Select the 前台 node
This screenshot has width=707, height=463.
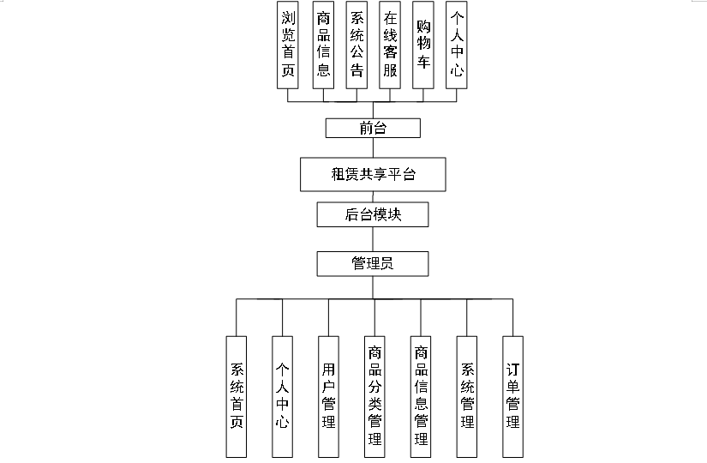click(x=373, y=129)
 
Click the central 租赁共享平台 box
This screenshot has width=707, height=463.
click(x=373, y=174)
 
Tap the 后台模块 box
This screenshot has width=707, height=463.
click(x=373, y=214)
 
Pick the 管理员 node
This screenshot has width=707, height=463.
click(x=373, y=263)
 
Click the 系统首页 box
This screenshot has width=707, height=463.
click(x=237, y=396)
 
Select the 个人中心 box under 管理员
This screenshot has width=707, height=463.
click(x=284, y=396)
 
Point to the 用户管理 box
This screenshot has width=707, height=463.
click(x=329, y=396)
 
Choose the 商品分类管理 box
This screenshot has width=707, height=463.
click(x=375, y=396)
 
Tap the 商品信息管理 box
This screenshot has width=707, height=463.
click(x=421, y=396)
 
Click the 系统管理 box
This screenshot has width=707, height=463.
click(x=467, y=396)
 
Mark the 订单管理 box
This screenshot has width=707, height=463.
click(x=512, y=396)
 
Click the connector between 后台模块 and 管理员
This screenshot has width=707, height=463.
click(x=373, y=238)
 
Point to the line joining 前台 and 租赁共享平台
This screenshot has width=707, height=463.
click(x=373, y=147)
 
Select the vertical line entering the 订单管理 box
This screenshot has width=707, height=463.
click(x=512, y=316)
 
